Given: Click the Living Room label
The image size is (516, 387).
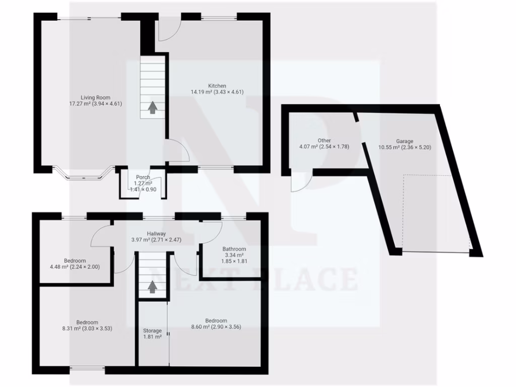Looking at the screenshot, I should [96, 97].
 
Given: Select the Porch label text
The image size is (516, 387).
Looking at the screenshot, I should [143, 177].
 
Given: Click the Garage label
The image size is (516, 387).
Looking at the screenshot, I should [404, 141].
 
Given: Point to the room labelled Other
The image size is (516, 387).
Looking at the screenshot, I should [324, 141].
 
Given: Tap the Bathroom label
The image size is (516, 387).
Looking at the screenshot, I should [234, 249].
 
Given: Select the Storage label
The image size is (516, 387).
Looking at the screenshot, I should [152, 331].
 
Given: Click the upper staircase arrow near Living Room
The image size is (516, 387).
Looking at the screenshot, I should [152, 108].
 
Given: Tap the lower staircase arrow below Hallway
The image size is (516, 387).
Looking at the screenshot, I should [152, 287].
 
